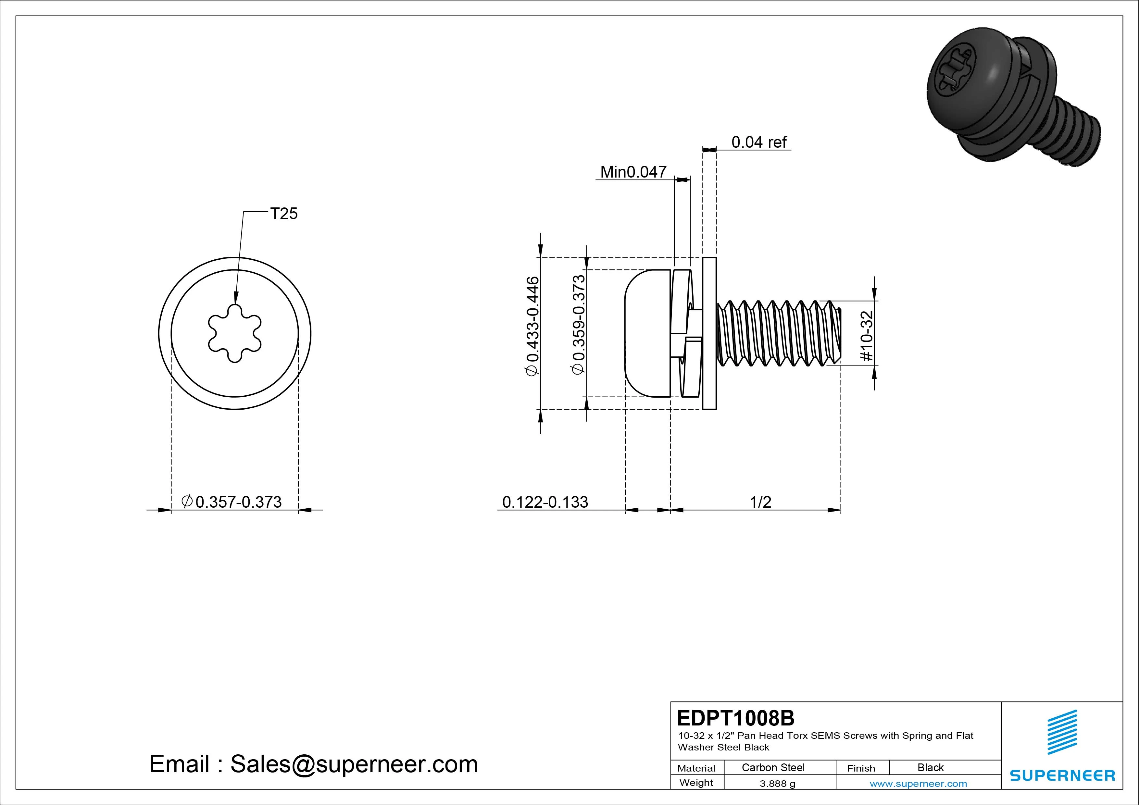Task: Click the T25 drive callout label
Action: pos(284,214)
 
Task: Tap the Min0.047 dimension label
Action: pos(633,172)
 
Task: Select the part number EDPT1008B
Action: pos(735,718)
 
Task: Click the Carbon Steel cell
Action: pos(773,767)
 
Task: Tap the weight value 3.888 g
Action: pos(777,784)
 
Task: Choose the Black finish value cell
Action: pos(930,767)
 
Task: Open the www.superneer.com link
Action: pos(918,784)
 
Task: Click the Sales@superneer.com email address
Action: pos(354,764)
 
